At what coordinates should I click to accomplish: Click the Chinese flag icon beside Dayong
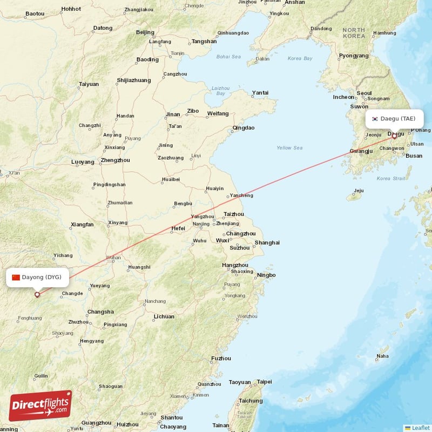(16, 277)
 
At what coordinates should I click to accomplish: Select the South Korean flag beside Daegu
(374, 118)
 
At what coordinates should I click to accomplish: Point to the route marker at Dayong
(37, 294)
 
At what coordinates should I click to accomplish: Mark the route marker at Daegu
(394, 136)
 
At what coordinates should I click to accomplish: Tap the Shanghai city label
(267, 242)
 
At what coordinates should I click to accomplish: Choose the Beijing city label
(145, 32)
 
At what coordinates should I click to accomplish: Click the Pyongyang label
(354, 56)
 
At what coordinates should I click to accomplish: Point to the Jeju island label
(359, 190)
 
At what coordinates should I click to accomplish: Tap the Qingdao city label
(243, 128)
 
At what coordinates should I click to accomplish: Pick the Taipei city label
(264, 381)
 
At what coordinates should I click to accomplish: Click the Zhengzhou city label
(115, 160)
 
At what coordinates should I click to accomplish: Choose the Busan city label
(414, 156)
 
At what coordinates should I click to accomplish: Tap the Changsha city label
(100, 312)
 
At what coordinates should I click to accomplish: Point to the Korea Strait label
(391, 178)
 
